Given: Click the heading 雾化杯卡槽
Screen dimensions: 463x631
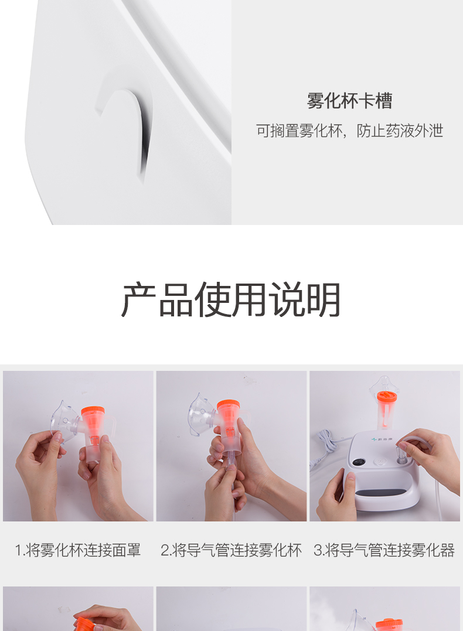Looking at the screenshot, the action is [349, 101].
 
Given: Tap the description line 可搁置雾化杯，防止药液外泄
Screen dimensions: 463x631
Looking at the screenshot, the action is [349, 131].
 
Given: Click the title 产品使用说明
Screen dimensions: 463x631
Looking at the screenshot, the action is [231, 300].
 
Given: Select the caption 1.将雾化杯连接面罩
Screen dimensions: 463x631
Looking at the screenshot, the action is [78, 550].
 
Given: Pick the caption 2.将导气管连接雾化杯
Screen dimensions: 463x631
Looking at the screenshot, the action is [231, 550].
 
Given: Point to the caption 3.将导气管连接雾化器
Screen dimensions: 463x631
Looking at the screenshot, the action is [384, 550].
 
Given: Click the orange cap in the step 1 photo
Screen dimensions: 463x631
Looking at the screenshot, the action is [93, 411].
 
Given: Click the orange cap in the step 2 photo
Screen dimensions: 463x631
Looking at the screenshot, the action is [229, 405].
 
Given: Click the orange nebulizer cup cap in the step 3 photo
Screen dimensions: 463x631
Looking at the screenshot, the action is [387, 397].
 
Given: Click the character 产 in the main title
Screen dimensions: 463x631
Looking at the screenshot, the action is [138, 300].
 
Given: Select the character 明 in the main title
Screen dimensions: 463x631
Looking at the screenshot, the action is [324, 300].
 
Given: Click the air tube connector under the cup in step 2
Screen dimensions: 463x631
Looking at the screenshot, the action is [231, 460].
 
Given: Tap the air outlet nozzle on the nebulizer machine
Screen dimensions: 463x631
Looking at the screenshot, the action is [400, 459].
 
